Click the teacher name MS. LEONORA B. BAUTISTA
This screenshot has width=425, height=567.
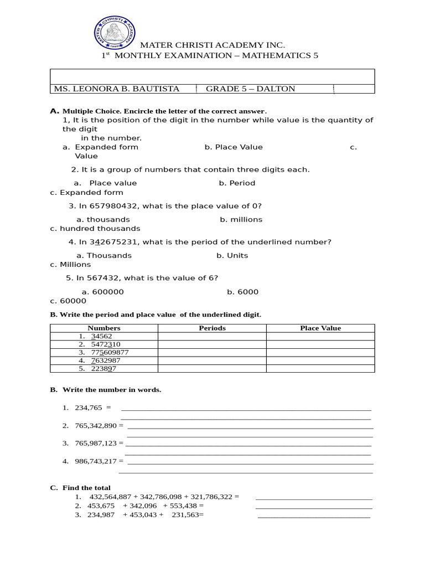(x=116, y=89)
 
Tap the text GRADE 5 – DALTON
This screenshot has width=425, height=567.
(x=250, y=89)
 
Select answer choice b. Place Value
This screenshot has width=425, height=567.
(x=234, y=147)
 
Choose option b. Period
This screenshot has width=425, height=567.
(x=237, y=183)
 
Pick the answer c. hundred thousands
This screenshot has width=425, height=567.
(x=95, y=228)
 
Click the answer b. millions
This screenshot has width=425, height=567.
(x=241, y=220)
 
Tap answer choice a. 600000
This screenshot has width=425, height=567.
(x=102, y=292)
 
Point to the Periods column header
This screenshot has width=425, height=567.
(x=212, y=328)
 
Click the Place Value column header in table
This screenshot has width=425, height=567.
(x=320, y=328)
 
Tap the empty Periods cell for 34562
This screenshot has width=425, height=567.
(x=212, y=336)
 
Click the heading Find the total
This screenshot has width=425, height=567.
(x=86, y=488)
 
